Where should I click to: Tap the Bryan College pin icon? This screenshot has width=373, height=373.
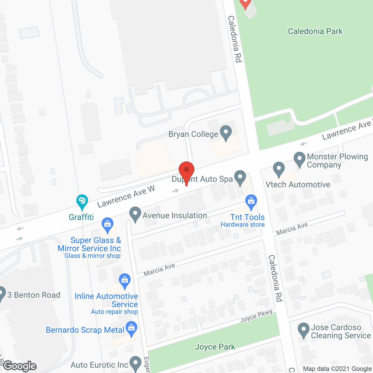point(226,133)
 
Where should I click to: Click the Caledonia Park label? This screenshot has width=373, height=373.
point(315,31)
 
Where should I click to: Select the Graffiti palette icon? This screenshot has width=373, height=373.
point(82,201)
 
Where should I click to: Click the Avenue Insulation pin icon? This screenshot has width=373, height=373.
point(135,214)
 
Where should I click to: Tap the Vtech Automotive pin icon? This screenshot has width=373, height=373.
point(279,169)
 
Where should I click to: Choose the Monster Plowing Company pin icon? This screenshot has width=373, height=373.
point(299,159)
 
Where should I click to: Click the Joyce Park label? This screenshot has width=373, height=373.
point(215,347)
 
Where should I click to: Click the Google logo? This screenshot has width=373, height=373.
point(20,366)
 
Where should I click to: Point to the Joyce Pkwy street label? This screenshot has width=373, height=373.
point(256,316)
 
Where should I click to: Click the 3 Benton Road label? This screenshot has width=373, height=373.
point(34,295)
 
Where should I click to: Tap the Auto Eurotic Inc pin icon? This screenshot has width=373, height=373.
point(135,363)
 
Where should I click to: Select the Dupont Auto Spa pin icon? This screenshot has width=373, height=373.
point(240,177)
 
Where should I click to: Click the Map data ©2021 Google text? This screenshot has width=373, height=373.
point(337,369)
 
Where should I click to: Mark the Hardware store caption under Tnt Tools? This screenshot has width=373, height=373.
point(242,224)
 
